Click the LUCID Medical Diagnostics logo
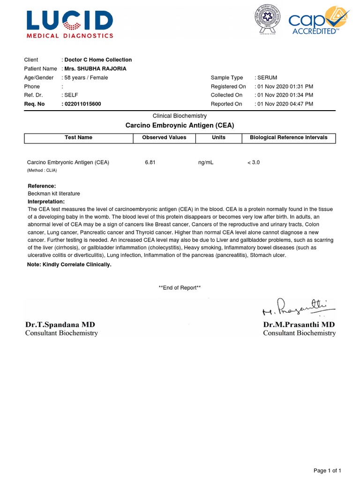(x=70, y=24)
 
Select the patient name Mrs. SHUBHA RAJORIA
(x=96, y=69)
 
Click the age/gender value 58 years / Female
(x=86, y=78)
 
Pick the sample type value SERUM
(x=268, y=78)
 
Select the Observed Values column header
(x=164, y=138)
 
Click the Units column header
(x=218, y=138)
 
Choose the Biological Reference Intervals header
(x=289, y=138)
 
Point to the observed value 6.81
(x=150, y=163)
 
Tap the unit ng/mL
(x=206, y=163)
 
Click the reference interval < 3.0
(x=254, y=163)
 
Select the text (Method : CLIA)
(x=42, y=171)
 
